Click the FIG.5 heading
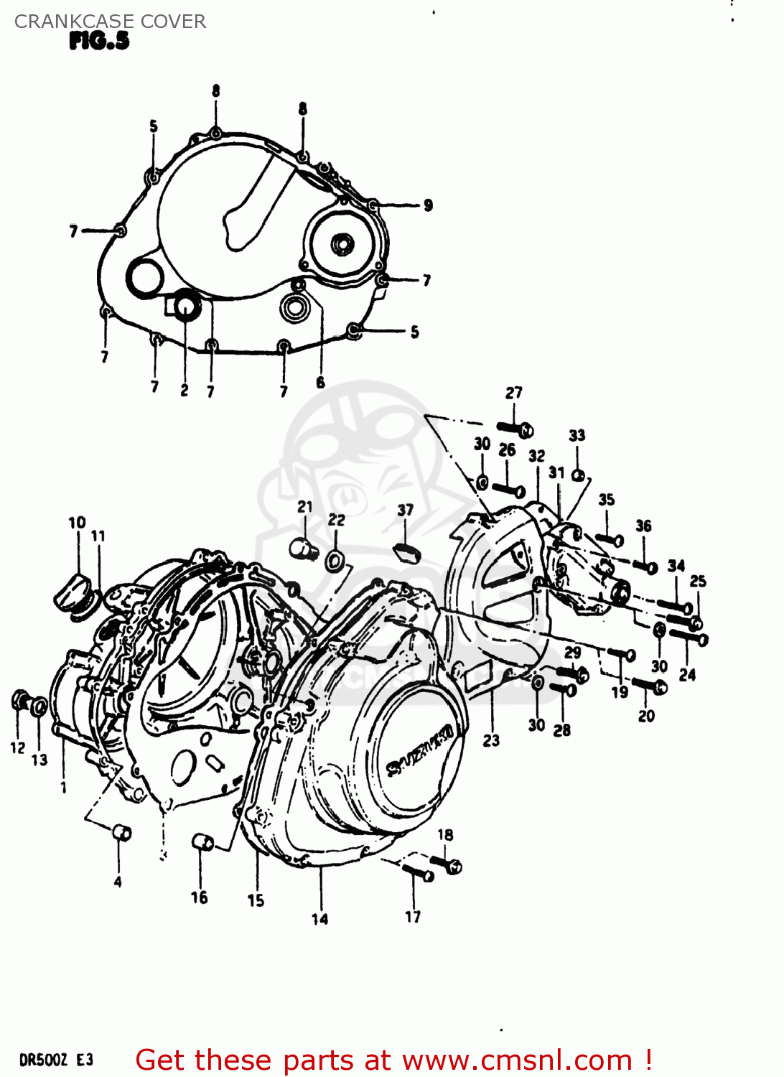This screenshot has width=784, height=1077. point(99,41)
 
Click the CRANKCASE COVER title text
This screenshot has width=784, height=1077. point(110,22)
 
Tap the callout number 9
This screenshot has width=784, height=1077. point(428,205)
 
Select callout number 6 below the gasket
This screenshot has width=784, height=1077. point(320,383)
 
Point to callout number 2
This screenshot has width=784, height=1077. point(185,391)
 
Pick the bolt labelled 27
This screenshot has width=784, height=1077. point(515,429)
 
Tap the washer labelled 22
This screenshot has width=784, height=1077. point(335,560)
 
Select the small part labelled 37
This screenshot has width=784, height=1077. point(406,552)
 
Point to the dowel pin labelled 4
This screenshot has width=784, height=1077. point(121,833)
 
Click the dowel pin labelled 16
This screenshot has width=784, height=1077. point(203,841)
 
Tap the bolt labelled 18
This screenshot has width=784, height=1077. point(446,864)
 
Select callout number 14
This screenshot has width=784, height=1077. point(319,918)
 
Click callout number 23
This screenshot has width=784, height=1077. point(491,740)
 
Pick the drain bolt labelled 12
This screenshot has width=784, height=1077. point(20,700)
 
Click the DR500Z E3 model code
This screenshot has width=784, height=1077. point(56,1060)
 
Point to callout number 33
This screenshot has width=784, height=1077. point(577,435)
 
